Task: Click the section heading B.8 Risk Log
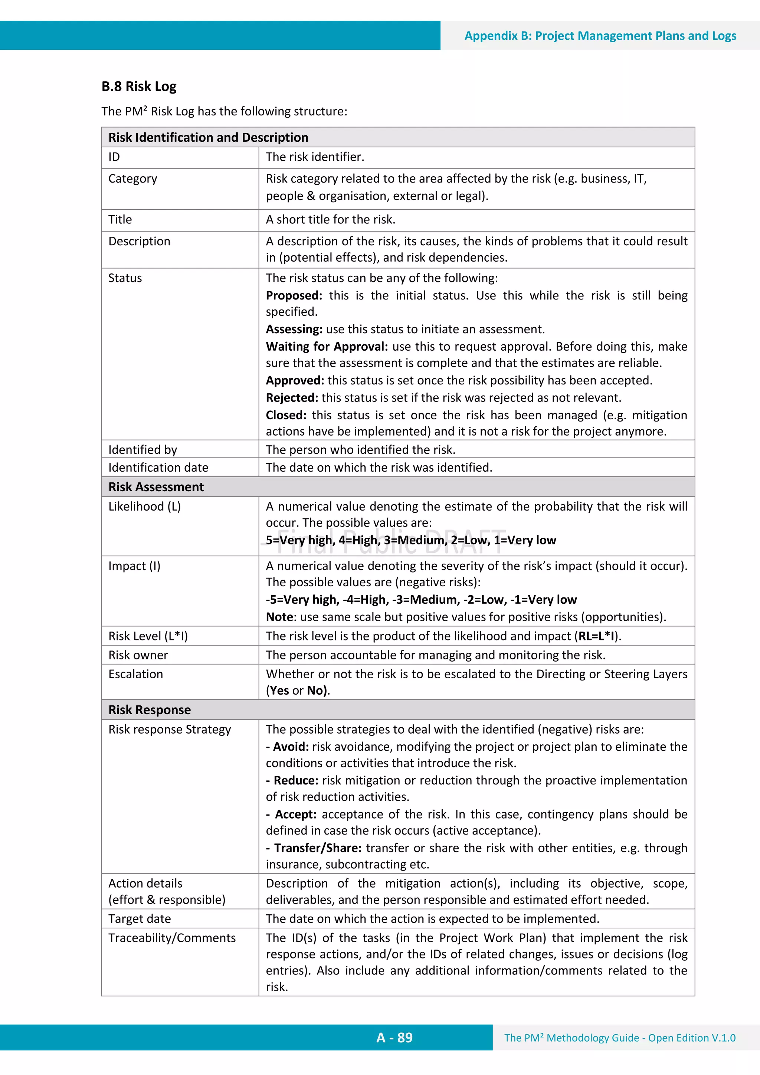click(x=139, y=86)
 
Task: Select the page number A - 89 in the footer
click(x=394, y=1038)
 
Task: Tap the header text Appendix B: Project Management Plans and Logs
click(x=600, y=36)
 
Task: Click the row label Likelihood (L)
click(x=144, y=507)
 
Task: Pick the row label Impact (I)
click(x=134, y=566)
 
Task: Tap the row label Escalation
click(x=136, y=674)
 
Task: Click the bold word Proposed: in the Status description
click(x=294, y=296)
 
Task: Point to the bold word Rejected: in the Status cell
click(x=292, y=398)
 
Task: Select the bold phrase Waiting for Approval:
click(x=327, y=347)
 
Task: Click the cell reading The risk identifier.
click(x=315, y=157)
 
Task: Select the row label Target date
click(x=140, y=919)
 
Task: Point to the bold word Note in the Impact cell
click(x=279, y=617)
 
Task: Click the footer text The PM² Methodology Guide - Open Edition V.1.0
click(x=619, y=1038)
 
